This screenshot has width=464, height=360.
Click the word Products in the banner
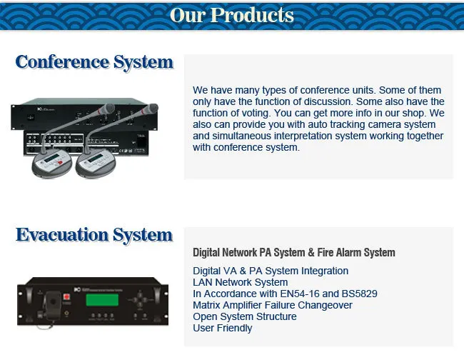pos(253,15)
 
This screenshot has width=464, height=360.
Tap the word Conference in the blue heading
pos(61,62)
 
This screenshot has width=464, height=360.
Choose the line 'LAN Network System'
pos(241,282)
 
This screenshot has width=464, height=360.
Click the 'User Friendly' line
pos(223,328)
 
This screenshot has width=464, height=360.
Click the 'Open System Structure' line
pos(245,316)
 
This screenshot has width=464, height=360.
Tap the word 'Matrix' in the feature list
pos(207,305)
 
